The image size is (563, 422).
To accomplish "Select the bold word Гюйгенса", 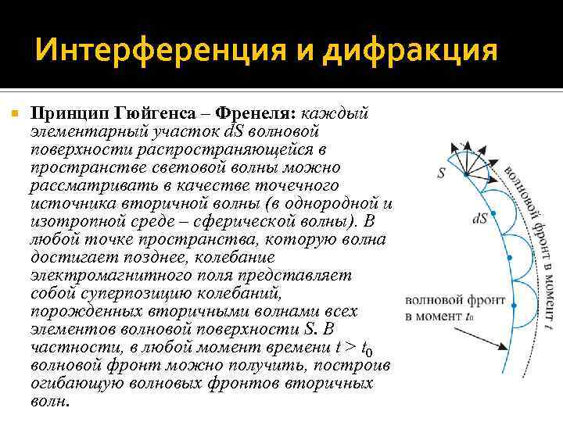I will click(x=153, y=115).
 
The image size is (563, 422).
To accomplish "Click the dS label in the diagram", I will click(x=479, y=220).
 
